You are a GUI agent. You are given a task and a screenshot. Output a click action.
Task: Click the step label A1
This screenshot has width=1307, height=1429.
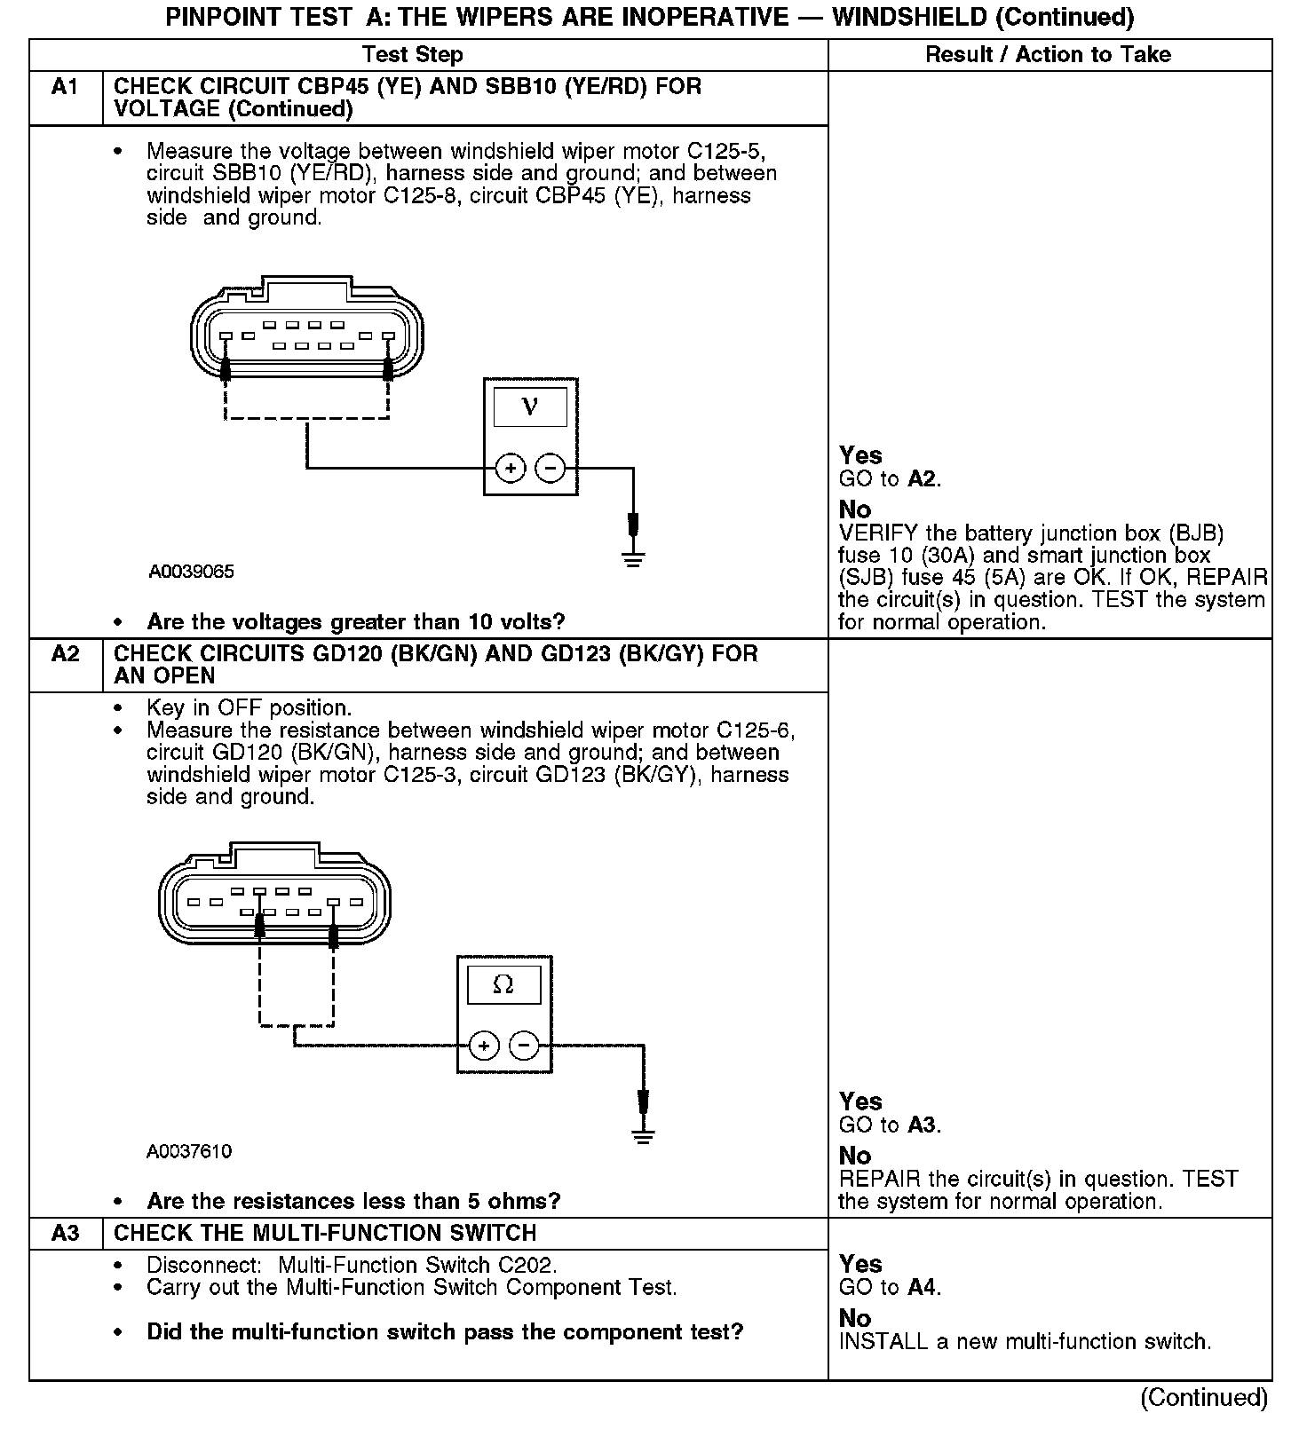[x=65, y=87]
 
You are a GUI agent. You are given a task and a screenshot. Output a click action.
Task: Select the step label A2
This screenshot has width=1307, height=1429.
[x=65, y=654]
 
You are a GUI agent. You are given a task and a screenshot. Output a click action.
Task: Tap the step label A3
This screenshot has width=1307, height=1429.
[x=65, y=1233]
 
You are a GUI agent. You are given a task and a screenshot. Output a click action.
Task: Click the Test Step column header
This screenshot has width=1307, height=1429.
[x=413, y=55]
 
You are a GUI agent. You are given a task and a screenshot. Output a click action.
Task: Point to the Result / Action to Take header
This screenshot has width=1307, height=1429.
[x=1048, y=55]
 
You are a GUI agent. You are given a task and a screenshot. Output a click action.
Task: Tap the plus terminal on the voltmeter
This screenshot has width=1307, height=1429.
[x=510, y=468]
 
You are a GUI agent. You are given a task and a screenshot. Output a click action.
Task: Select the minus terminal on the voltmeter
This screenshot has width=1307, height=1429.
[x=551, y=468]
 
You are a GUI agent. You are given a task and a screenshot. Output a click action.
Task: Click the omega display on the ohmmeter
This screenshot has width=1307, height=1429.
[x=503, y=984]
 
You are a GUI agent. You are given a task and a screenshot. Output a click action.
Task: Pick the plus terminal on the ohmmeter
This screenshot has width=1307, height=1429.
[x=483, y=1046]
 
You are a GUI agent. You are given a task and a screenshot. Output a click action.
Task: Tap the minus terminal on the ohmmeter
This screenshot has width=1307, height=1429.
[x=524, y=1046]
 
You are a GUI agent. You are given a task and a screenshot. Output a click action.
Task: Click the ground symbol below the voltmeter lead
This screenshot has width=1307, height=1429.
[x=633, y=559]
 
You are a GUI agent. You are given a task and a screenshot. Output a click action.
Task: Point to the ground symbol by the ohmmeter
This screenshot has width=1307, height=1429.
[x=643, y=1137]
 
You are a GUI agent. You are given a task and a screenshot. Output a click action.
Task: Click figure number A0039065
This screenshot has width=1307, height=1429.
[x=191, y=572]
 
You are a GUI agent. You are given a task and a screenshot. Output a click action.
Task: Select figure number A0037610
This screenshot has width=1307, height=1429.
[x=189, y=1151]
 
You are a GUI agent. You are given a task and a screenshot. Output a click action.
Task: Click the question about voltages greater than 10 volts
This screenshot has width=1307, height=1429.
[x=355, y=621]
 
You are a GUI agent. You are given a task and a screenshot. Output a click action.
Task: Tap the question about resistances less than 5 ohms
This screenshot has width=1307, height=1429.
[x=353, y=1201]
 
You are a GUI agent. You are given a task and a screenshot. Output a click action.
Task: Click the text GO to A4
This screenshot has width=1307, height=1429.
[x=890, y=1287]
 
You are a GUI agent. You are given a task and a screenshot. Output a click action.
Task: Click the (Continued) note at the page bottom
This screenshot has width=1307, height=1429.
[x=1204, y=1397]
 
